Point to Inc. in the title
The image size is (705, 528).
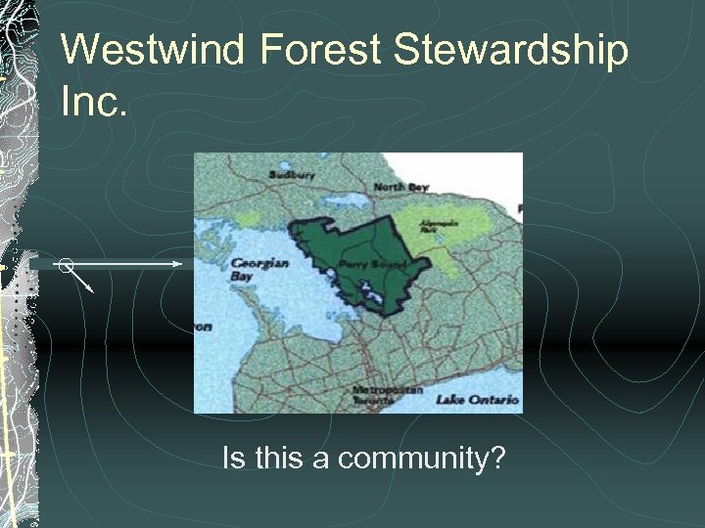tap(94, 101)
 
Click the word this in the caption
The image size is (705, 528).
tap(277, 457)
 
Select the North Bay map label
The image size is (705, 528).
tap(401, 187)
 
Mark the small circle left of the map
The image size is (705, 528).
tap(65, 264)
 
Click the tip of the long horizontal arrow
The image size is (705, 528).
tap(180, 264)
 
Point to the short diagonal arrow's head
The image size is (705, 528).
tap(90, 290)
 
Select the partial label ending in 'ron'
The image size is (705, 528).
tap(201, 327)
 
